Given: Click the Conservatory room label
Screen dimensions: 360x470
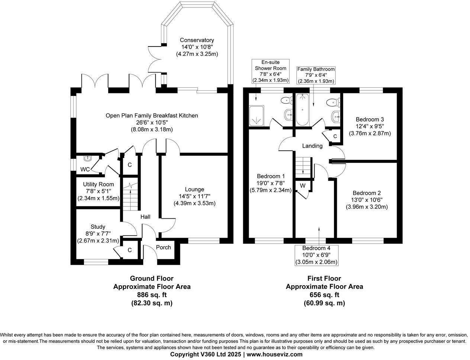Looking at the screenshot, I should coord(197,40).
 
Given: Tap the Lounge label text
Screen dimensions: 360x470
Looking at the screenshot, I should coord(194,189).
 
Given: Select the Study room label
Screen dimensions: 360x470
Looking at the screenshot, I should coord(98,226).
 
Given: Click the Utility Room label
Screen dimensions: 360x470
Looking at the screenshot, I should coord(98,184).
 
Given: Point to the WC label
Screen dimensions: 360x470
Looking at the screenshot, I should coord(85,170).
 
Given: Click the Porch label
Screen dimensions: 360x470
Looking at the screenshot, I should coord(163,247).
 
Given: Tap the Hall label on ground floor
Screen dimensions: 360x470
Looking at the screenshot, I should coord(145,216).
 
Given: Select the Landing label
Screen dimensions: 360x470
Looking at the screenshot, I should coord(312,146).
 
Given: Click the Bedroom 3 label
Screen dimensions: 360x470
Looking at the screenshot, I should coord(370,119).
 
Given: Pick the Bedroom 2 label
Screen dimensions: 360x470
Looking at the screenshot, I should coord(367,193).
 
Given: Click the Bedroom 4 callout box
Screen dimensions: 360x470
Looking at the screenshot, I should coord(316,255).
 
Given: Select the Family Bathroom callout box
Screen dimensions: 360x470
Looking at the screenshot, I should coord(316,75).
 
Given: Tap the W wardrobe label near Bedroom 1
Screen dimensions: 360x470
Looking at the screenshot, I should coord(303,186).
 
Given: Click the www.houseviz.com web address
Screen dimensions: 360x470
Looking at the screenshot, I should coord(274,354).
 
